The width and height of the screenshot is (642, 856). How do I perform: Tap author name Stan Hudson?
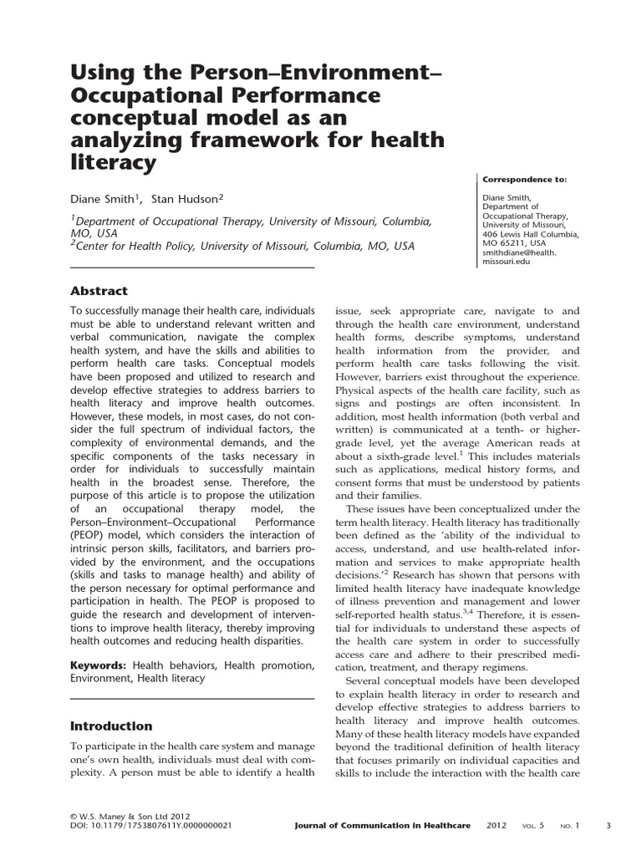188,200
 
